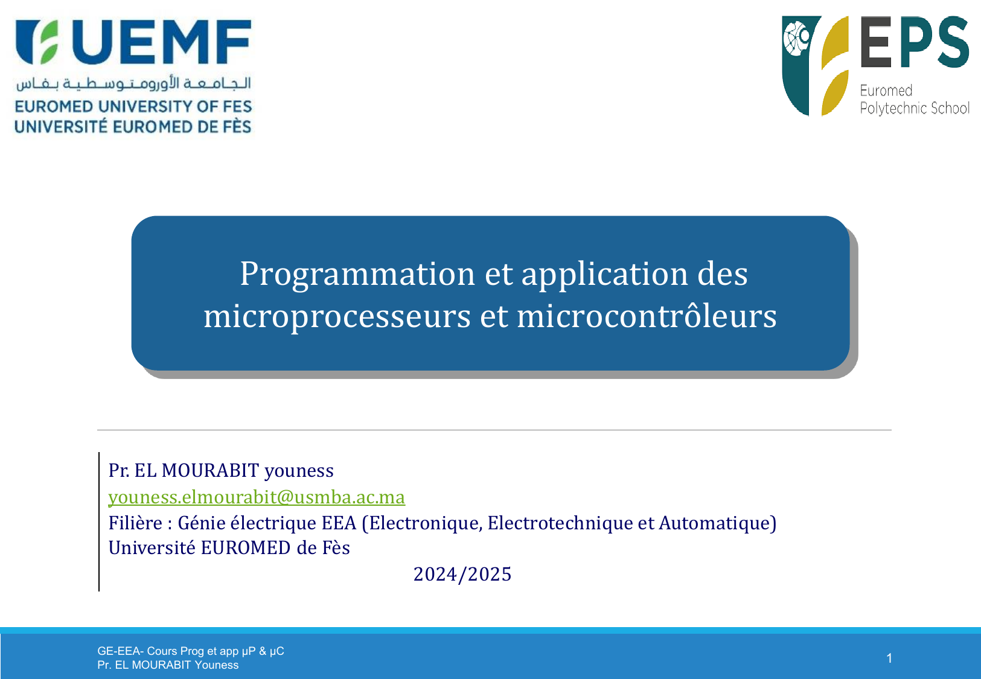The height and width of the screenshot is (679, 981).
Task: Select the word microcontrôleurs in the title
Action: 647,316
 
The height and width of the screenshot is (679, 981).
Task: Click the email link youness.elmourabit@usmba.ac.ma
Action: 257,497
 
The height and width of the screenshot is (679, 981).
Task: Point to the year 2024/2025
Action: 462,574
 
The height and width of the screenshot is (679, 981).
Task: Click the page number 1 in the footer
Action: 889,658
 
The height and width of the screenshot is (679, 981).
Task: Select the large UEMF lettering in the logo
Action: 162,42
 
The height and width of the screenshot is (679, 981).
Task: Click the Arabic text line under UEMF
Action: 133,83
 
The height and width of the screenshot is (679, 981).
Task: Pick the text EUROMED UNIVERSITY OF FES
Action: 133,106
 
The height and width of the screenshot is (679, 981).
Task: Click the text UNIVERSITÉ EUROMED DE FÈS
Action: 133,126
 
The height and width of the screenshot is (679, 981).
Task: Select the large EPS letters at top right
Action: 915,42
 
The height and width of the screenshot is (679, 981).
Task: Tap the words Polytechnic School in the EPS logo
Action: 915,108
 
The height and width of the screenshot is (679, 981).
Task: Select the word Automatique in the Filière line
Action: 715,523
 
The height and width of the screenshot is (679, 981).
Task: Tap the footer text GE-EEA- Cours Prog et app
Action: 168,651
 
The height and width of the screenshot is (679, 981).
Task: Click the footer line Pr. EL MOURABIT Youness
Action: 168,665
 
